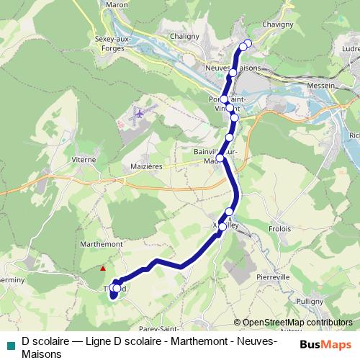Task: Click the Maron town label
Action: tap(117, 4)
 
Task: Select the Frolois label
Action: tap(279, 228)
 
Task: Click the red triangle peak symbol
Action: tap(104, 269)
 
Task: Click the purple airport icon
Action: tap(139, 114)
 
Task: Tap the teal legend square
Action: tap(10, 344)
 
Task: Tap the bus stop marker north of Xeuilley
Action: tap(229, 212)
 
